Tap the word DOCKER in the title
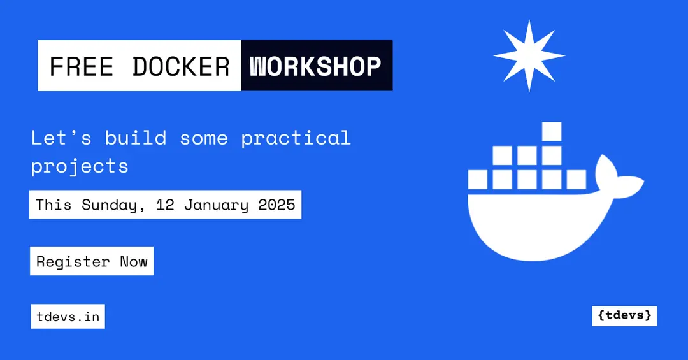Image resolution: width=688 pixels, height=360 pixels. coord(181,66)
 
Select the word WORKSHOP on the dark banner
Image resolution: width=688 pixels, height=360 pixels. coord(316,66)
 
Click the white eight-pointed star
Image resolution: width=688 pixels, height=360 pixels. coord(529,55)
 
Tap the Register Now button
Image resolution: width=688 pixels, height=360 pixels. coord(92,261)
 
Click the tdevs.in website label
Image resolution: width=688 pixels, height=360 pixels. coord(68,317)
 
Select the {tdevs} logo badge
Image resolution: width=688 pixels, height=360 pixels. coord(624,315)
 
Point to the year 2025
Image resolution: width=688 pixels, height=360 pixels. coord(276,205)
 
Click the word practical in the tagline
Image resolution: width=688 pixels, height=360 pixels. coord(296,138)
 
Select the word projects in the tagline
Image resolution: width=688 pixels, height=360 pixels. coord(80,167)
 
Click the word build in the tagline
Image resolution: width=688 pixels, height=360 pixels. coord(136,138)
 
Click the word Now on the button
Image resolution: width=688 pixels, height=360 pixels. coord(134,261)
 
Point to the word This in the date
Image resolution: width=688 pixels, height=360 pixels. coord(54,205)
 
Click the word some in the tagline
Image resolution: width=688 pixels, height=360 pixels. coord(203,138)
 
